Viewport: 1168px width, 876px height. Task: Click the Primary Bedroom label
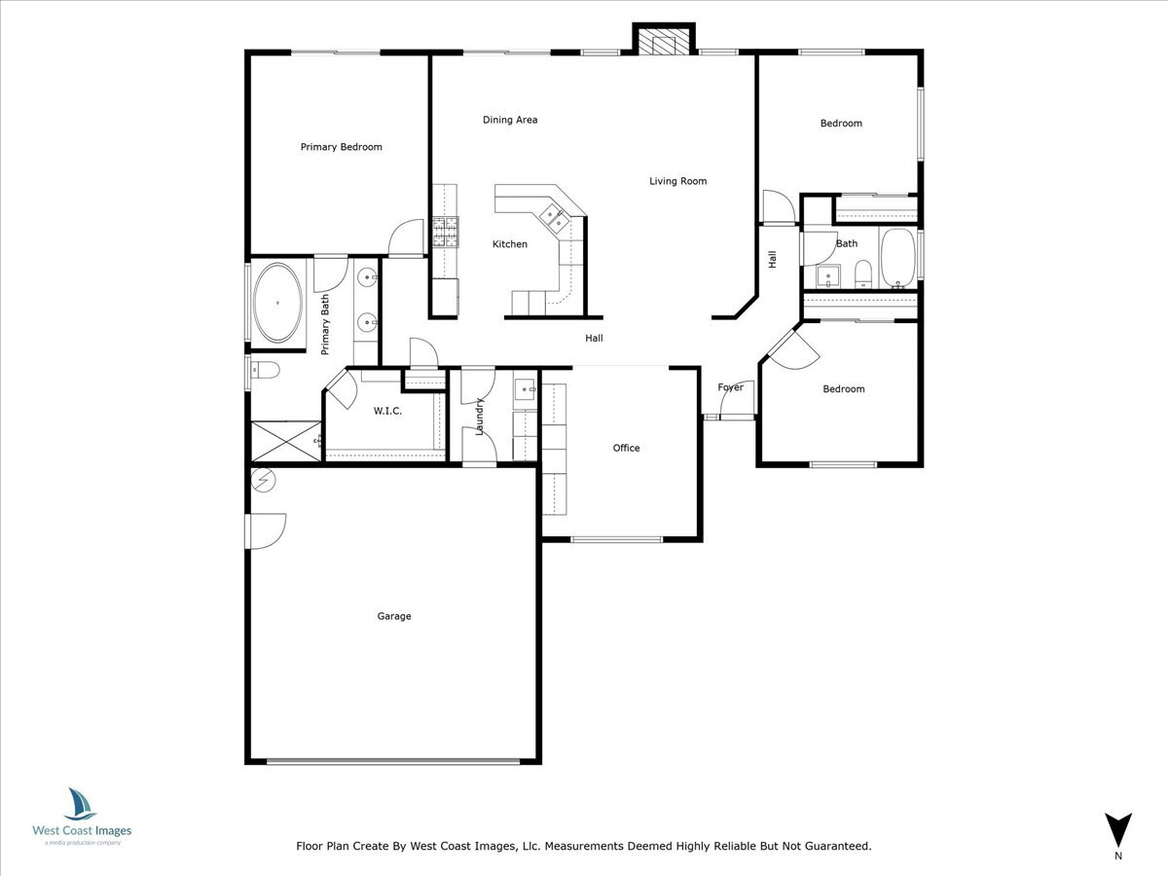coord(341,147)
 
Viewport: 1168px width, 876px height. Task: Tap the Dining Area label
coord(510,120)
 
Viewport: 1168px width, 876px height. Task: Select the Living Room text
coord(677,181)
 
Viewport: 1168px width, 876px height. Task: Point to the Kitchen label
coord(510,244)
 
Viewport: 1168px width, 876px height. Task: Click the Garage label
coord(394,616)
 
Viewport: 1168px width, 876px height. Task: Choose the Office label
coord(626,448)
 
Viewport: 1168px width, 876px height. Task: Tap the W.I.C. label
coord(387,411)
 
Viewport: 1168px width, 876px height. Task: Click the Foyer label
coord(730,387)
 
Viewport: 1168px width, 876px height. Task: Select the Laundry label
coord(479,417)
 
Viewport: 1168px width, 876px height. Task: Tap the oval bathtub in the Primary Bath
coord(277,303)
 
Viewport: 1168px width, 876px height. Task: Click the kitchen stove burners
coord(446,232)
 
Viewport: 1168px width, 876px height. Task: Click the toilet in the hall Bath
coord(862,274)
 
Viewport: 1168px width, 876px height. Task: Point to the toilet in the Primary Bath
coord(265,370)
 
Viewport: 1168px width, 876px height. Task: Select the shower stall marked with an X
coord(286,442)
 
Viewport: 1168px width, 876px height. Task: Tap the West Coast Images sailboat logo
coord(80,804)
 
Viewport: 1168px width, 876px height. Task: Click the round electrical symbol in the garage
coord(263,480)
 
